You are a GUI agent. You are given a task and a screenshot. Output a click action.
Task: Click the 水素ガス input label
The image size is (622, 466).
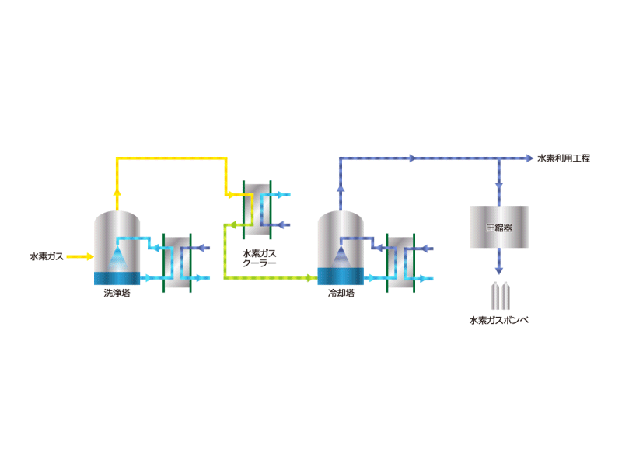(x=47, y=257)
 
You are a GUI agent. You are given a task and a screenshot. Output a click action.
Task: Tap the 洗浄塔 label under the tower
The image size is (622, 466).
(x=117, y=294)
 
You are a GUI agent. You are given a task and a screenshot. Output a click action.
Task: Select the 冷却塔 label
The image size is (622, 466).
(x=341, y=294)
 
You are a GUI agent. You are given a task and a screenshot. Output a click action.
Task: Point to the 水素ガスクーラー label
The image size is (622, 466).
(x=259, y=258)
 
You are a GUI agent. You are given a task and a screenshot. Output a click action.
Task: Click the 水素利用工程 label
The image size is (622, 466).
(x=564, y=158)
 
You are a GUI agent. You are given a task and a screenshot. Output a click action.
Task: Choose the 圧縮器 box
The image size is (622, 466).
(x=498, y=227)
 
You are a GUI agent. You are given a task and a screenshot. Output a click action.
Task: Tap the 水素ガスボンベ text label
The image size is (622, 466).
(x=498, y=320)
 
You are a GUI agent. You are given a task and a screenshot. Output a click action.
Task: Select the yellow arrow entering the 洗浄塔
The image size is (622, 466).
(x=80, y=257)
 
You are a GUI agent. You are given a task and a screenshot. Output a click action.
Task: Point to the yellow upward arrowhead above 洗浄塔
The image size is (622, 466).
(x=117, y=192)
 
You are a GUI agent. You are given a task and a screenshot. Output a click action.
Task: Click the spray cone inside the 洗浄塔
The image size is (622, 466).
(x=118, y=259)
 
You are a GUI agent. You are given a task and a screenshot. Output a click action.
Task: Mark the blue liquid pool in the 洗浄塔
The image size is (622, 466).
(x=117, y=278)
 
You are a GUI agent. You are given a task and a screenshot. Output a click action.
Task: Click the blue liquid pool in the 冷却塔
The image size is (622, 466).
(x=341, y=276)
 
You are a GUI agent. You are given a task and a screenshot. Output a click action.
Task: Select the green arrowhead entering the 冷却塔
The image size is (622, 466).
(x=310, y=278)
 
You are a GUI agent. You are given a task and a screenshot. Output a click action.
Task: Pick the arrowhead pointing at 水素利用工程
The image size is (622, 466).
(x=529, y=158)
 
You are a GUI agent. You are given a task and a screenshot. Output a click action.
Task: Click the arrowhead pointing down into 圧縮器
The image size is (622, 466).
(x=499, y=186)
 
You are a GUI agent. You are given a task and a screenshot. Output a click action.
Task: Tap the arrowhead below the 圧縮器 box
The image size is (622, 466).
(x=499, y=270)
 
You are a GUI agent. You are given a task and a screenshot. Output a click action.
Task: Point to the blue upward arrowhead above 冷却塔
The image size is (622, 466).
(x=341, y=189)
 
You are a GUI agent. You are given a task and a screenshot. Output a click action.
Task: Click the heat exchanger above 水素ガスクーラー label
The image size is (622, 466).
(x=257, y=210)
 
